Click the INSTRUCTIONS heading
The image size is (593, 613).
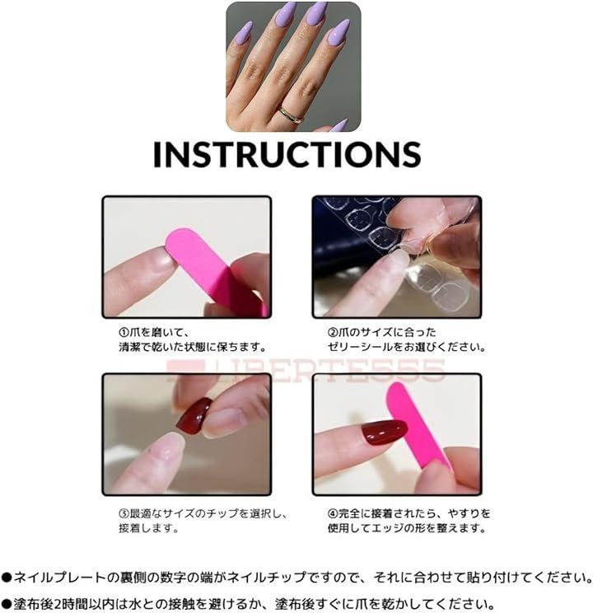tap(287, 154)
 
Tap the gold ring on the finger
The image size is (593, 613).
tap(291, 115)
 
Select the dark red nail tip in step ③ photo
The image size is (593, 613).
tap(194, 417)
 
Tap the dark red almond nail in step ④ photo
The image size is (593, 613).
tap(384, 432)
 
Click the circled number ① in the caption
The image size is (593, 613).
tap(124, 333)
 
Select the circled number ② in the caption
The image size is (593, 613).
tap(332, 333)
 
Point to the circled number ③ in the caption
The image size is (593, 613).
tap(124, 513)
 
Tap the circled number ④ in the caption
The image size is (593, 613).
tap(332, 513)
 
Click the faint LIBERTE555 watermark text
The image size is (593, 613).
tap(306, 370)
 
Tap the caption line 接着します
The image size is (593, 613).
tap(149, 528)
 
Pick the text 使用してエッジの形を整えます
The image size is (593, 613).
tap(407, 528)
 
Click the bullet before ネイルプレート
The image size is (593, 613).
tap(7, 577)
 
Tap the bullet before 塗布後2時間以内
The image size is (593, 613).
tap(7, 604)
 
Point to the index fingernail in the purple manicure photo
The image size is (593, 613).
tap(244, 32)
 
